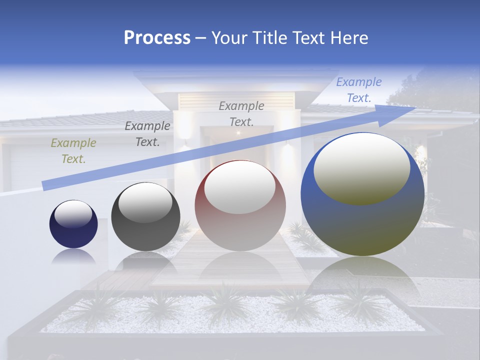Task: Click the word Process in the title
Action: tap(157, 38)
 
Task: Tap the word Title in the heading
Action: tap(269, 38)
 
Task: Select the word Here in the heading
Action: tap(348, 38)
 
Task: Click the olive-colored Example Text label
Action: tap(73, 151)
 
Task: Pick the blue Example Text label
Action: tap(359, 90)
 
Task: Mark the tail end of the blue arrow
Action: tap(45, 185)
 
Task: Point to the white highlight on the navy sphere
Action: tap(73, 214)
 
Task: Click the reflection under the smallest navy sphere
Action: tap(73, 256)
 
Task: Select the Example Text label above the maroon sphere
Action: tap(241, 113)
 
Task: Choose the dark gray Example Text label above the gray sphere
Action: tap(147, 134)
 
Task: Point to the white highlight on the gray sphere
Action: tap(145, 203)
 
